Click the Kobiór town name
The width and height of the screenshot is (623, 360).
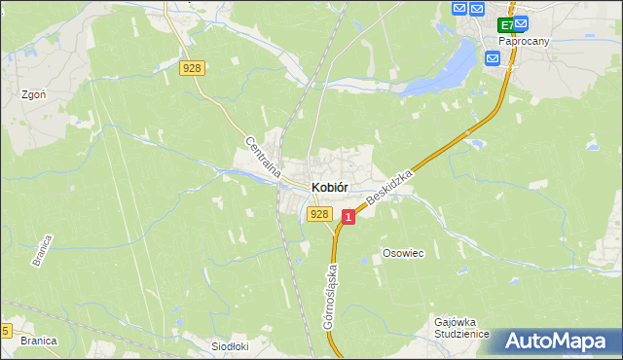tap(330, 187)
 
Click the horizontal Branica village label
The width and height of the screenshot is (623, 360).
tap(37, 341)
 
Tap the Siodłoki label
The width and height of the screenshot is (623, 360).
tap(232, 345)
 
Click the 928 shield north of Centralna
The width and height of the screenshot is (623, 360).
tap(192, 67)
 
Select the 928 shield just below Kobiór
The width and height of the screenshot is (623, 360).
tap(318, 213)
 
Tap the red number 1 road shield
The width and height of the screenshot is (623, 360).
tap(348, 219)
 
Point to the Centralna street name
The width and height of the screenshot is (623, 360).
tap(263, 158)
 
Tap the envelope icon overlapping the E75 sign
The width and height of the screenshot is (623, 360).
tap(519, 22)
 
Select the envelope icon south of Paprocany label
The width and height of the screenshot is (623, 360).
tap(493, 58)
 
